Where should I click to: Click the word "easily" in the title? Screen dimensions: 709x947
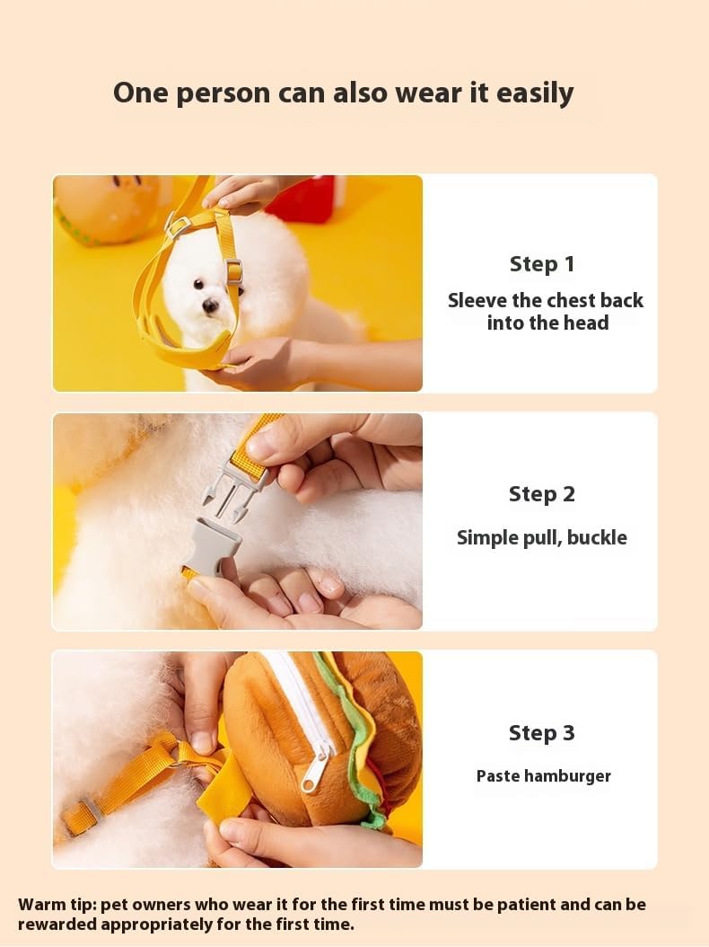tap(534, 94)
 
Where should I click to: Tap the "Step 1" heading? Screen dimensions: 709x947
tap(542, 264)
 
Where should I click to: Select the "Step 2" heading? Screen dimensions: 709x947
tap(542, 495)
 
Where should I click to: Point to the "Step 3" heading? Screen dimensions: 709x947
tap(542, 733)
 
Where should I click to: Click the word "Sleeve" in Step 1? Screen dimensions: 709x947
tap(477, 300)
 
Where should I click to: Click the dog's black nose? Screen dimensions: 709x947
tap(210, 306)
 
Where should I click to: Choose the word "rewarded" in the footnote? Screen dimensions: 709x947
tap(57, 925)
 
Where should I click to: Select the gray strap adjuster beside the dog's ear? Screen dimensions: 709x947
tap(234, 270)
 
